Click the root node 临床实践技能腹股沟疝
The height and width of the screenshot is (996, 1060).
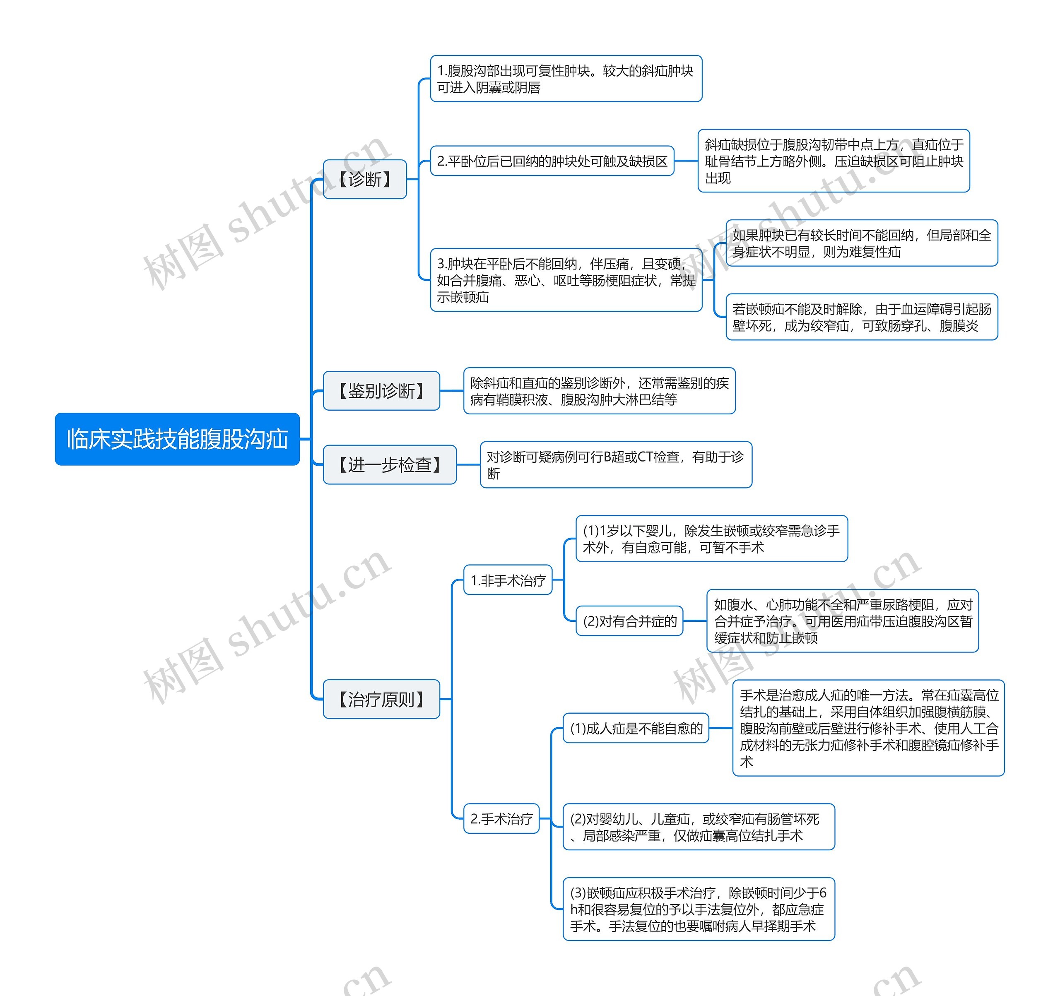click(x=177, y=439)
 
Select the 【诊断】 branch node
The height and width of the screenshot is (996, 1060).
click(x=365, y=179)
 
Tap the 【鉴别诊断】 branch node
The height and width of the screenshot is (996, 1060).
click(x=381, y=391)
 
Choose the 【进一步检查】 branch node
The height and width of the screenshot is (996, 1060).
click(x=390, y=464)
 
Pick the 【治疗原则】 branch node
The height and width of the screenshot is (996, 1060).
click(x=381, y=699)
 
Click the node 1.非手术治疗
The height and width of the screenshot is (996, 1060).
click(x=508, y=580)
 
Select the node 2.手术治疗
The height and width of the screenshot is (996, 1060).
click(x=501, y=818)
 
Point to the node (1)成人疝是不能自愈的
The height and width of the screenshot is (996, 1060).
click(x=636, y=728)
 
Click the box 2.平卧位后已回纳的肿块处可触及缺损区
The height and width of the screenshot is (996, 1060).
click(x=552, y=161)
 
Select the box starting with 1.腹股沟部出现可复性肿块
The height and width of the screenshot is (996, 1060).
click(x=566, y=78)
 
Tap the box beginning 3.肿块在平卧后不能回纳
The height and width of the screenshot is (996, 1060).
click(x=566, y=280)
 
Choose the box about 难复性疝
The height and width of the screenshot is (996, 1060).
click(x=861, y=243)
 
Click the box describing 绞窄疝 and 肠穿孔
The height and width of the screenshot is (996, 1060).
click(x=861, y=317)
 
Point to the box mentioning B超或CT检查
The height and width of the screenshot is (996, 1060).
click(x=616, y=464)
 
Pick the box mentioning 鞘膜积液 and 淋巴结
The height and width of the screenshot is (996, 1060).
click(x=599, y=391)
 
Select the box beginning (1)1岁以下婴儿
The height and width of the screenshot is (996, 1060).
click(x=711, y=539)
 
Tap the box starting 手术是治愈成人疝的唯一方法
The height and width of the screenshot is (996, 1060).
click(x=868, y=728)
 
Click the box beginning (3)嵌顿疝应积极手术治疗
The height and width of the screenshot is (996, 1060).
click(x=699, y=909)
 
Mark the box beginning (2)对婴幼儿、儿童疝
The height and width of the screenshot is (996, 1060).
click(x=699, y=827)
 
